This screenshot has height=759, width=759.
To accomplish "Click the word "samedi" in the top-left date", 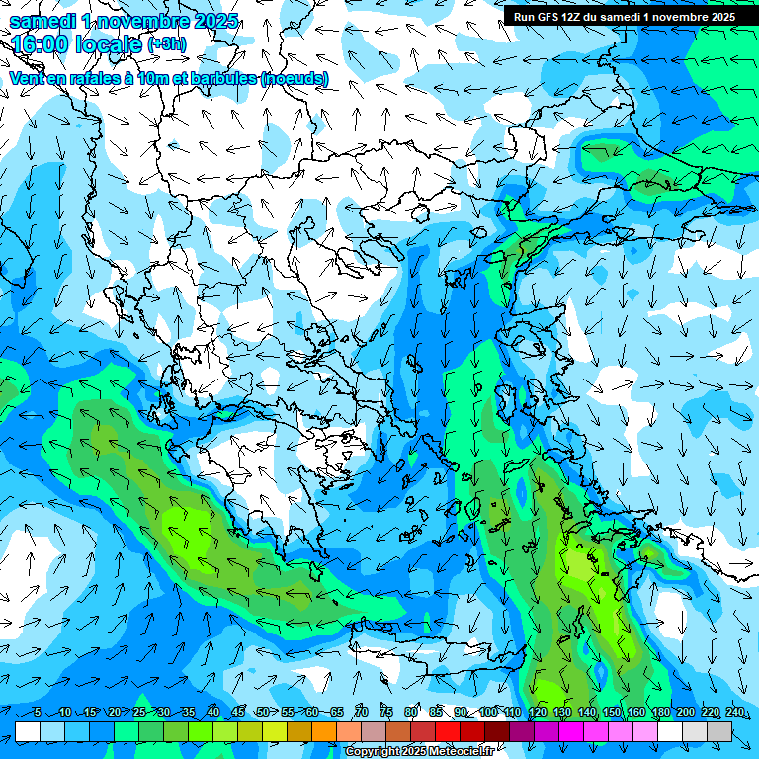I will click(x=41, y=20).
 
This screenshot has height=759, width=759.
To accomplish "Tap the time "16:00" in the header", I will click(x=41, y=43).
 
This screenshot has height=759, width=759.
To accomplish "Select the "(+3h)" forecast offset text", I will click(x=164, y=43).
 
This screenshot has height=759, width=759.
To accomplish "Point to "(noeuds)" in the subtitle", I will click(x=295, y=78).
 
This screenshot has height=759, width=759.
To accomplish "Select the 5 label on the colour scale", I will click(x=37, y=712).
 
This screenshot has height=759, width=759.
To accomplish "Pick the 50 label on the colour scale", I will click(x=262, y=712).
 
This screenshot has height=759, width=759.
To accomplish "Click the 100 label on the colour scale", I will click(x=487, y=712).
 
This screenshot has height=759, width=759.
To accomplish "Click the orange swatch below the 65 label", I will click(x=324, y=731).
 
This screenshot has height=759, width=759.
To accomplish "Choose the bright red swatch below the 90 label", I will click(x=448, y=731).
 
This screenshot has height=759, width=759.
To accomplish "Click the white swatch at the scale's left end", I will click(x=28, y=731).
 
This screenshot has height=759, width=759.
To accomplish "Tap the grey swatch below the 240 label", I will click(x=719, y=731).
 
